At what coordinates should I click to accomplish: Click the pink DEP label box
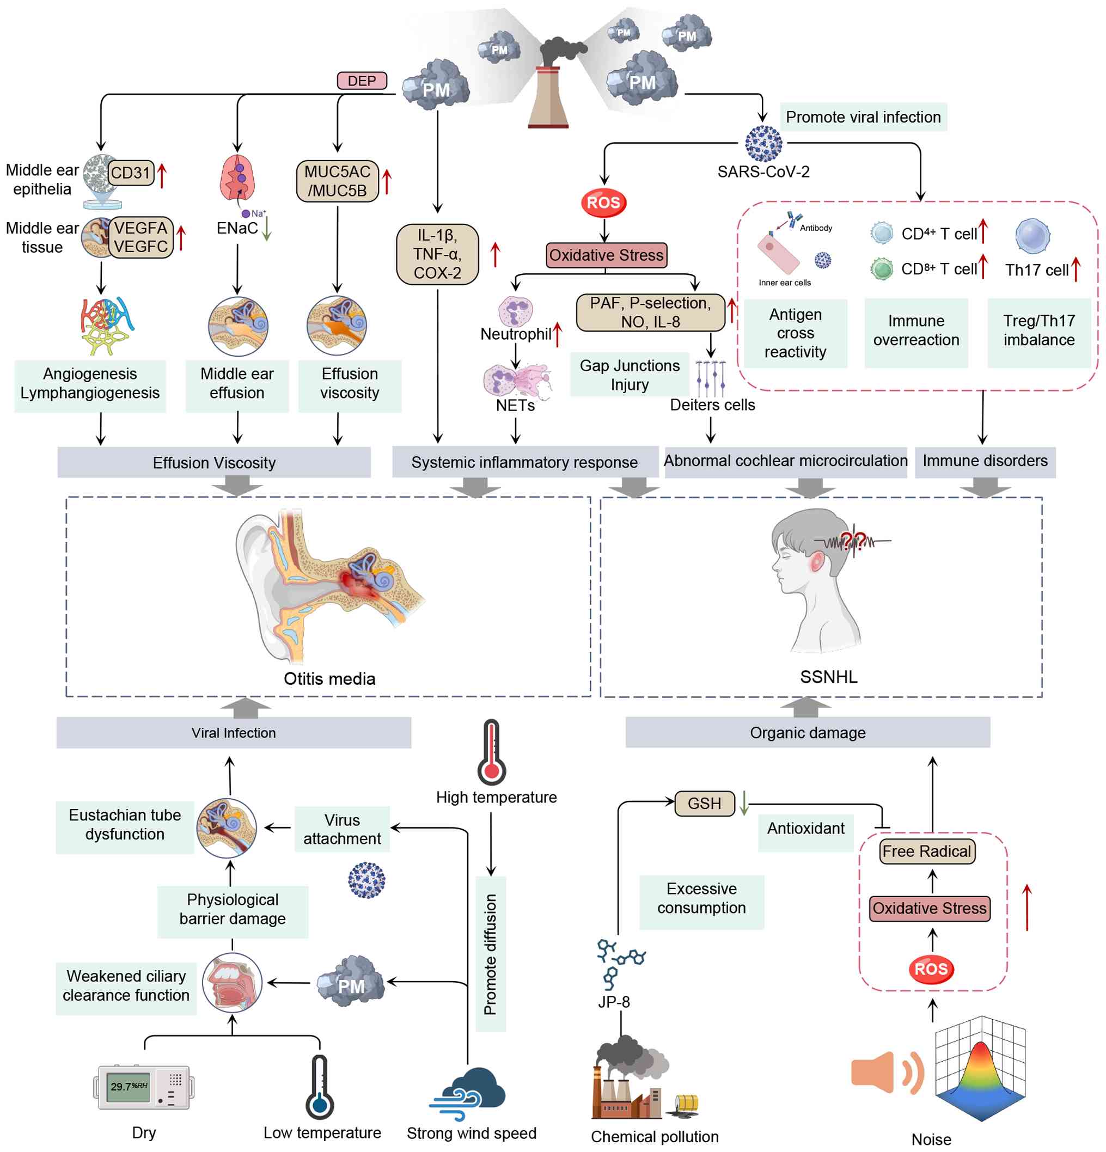[x=362, y=81]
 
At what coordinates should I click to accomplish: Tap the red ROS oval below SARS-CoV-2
[x=603, y=203]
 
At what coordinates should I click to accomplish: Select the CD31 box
[x=131, y=173]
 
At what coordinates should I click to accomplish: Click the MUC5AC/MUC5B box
[x=337, y=181]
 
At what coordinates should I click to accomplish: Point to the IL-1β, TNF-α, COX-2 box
[x=437, y=254]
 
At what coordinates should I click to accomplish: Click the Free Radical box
[x=927, y=851]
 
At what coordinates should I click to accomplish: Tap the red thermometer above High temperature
[x=491, y=752]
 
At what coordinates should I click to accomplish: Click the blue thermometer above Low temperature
[x=319, y=1087]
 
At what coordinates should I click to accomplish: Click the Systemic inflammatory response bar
[x=524, y=462]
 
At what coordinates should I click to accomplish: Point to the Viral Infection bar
[x=234, y=732]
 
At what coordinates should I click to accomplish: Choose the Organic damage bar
[x=807, y=732]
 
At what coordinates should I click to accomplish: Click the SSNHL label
[x=828, y=677]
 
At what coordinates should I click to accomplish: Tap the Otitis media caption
[x=329, y=678]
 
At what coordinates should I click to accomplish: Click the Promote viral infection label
[x=863, y=117]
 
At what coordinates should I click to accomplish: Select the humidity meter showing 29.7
[x=143, y=1087]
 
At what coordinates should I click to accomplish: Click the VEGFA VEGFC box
[x=141, y=237]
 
